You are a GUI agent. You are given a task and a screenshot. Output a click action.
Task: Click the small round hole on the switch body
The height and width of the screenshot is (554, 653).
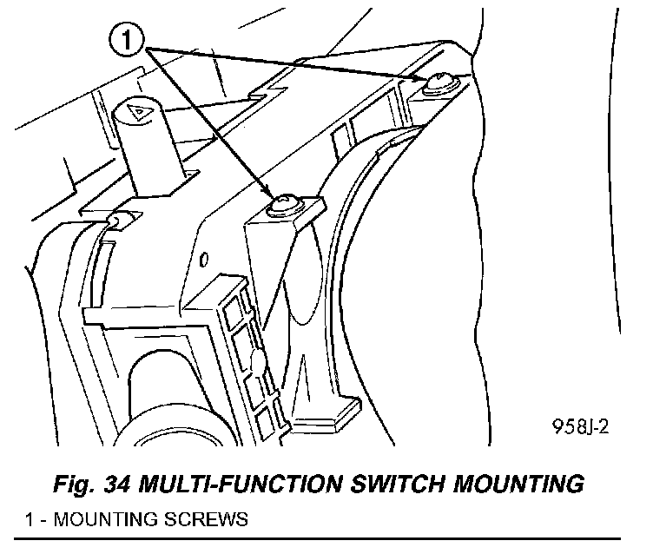pyautogui.click(x=202, y=259)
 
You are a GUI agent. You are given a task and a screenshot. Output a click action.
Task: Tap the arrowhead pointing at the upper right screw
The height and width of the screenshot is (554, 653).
pyautogui.click(x=419, y=80)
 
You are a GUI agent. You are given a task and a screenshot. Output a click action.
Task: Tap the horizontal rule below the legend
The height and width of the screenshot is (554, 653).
pyautogui.click(x=326, y=538)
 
